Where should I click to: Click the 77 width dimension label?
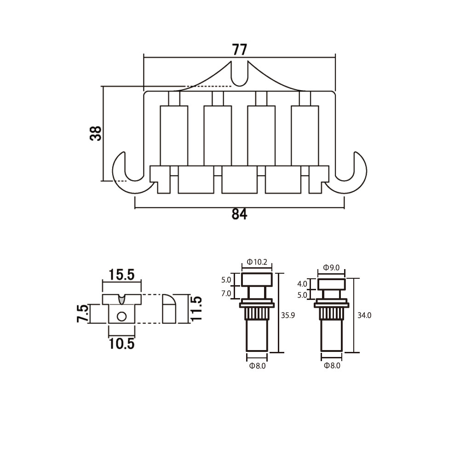click(x=240, y=50)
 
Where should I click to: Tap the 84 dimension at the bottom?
click(x=239, y=214)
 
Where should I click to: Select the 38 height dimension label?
click(x=96, y=133)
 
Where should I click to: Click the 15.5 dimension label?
click(x=121, y=275)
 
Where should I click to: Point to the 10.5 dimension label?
click(x=121, y=344)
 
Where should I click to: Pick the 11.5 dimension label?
click(x=196, y=309)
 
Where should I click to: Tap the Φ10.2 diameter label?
click(x=257, y=262)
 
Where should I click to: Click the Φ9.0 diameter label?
click(x=332, y=268)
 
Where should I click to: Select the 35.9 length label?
click(x=288, y=316)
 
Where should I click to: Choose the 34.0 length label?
click(x=364, y=316)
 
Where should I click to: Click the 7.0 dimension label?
click(x=226, y=293)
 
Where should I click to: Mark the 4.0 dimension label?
click(x=302, y=284)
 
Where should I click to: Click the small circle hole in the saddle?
click(x=121, y=316)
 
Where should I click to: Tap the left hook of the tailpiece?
click(x=129, y=173)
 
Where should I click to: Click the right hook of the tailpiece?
click(x=349, y=173)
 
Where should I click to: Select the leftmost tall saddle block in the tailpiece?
click(x=174, y=136)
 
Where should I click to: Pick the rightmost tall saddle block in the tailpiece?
click(x=305, y=136)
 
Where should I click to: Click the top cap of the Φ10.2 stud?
click(x=257, y=280)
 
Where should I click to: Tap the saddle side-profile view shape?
click(x=169, y=309)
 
